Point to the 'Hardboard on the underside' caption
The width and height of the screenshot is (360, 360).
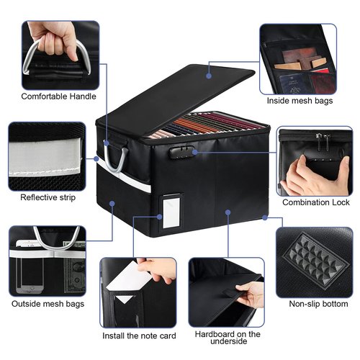(228, 339)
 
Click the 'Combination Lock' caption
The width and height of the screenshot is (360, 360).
(315, 202)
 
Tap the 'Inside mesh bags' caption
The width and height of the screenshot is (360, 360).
(300, 101)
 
